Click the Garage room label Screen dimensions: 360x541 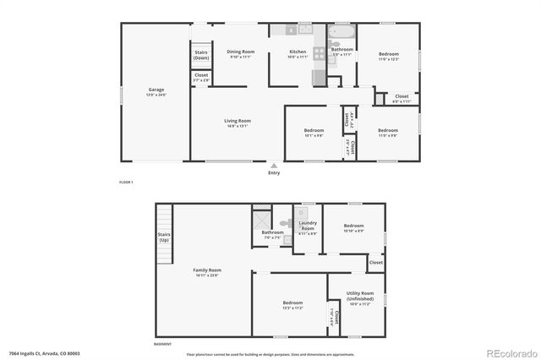(x=156, y=90)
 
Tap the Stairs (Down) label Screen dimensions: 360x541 (x=201, y=56)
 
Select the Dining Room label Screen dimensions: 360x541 (x=240, y=52)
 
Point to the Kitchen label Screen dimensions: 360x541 (x=298, y=52)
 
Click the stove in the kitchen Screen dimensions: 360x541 (x=320, y=52)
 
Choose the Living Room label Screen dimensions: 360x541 (x=238, y=122)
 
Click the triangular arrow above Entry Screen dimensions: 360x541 (x=274, y=166)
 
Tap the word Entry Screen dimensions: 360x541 (x=274, y=173)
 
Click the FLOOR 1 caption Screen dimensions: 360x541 (x=125, y=183)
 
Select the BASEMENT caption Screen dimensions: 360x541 (x=162, y=345)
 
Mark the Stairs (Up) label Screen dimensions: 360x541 (x=164, y=237)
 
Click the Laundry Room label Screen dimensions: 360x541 (x=308, y=227)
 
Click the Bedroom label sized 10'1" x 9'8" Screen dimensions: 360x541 (x=314, y=131)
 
